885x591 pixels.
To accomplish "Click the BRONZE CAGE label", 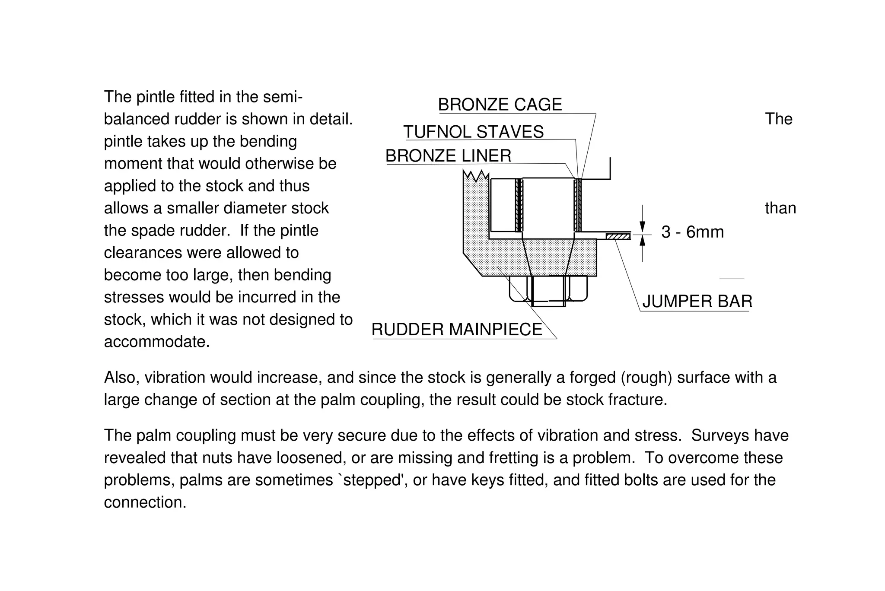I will (x=500, y=105).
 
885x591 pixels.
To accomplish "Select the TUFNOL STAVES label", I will (x=473, y=132).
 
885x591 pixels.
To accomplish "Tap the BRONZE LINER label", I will (x=448, y=156).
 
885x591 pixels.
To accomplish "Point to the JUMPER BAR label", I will (x=697, y=301).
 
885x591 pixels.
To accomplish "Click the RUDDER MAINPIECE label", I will (x=456, y=330).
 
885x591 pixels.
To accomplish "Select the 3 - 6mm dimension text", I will (x=692, y=232).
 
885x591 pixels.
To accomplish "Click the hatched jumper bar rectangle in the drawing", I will (x=618, y=236).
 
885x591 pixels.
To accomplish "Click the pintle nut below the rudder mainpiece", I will (x=548, y=290).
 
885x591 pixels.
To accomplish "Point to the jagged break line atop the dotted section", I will (x=476, y=175).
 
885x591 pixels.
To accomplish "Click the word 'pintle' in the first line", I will (x=151, y=97).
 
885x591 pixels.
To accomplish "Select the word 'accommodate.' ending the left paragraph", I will (x=156, y=342).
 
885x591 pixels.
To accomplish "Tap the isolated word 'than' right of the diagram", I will (x=780, y=208).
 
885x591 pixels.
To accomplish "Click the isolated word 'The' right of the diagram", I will (x=779, y=119).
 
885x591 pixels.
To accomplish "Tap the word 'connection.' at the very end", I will (x=145, y=502).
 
